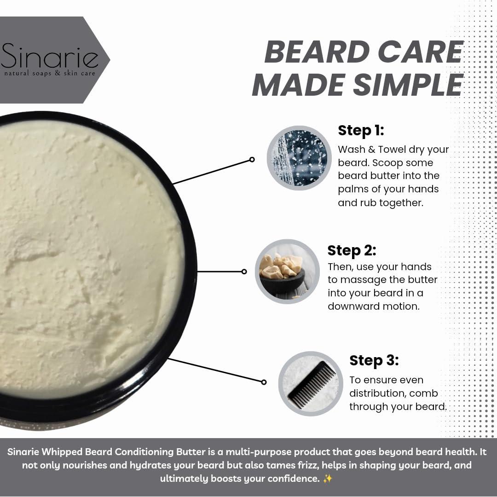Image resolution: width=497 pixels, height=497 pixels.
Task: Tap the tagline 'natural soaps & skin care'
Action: (x=50, y=73)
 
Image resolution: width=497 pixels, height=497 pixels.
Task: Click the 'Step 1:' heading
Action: (x=361, y=130)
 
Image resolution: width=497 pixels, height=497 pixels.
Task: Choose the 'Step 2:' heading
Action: (x=352, y=250)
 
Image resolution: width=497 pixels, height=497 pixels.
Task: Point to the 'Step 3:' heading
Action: (x=374, y=360)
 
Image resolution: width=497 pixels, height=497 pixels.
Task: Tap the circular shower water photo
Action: (x=299, y=158)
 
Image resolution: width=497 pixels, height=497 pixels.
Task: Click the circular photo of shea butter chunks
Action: (x=287, y=272)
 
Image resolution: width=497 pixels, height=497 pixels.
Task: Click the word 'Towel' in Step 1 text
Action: (x=387, y=150)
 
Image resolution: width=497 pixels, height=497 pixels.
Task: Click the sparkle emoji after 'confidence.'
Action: (x=327, y=479)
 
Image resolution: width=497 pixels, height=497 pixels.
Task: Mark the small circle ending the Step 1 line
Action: (x=252, y=160)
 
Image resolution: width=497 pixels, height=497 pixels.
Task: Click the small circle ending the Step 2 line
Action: (x=244, y=272)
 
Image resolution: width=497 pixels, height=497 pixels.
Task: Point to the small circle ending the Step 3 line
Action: (x=264, y=382)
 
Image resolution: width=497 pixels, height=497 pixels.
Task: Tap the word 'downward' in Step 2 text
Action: (x=349, y=306)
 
